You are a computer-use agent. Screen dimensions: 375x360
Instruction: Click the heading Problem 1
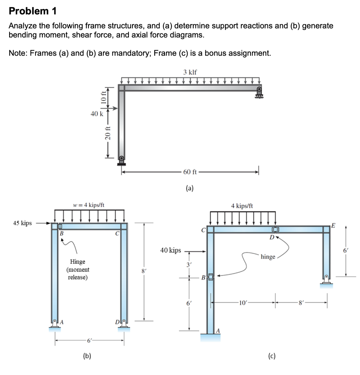33,11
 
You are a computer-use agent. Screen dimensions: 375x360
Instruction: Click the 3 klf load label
190,72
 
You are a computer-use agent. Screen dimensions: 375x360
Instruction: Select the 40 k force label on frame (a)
97,114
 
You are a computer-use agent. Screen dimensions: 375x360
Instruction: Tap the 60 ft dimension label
190,172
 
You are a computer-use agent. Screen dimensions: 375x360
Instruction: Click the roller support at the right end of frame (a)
259,93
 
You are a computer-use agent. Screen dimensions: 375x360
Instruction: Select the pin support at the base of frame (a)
121,161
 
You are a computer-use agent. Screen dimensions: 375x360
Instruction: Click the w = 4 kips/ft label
89,205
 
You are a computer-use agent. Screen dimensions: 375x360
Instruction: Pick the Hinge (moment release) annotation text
78,269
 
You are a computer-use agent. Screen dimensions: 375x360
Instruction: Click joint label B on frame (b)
62,233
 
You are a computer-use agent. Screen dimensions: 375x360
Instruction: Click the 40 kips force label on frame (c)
171,250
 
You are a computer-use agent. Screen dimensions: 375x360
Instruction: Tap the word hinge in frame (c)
268,257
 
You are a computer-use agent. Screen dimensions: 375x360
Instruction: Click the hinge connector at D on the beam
275,230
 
